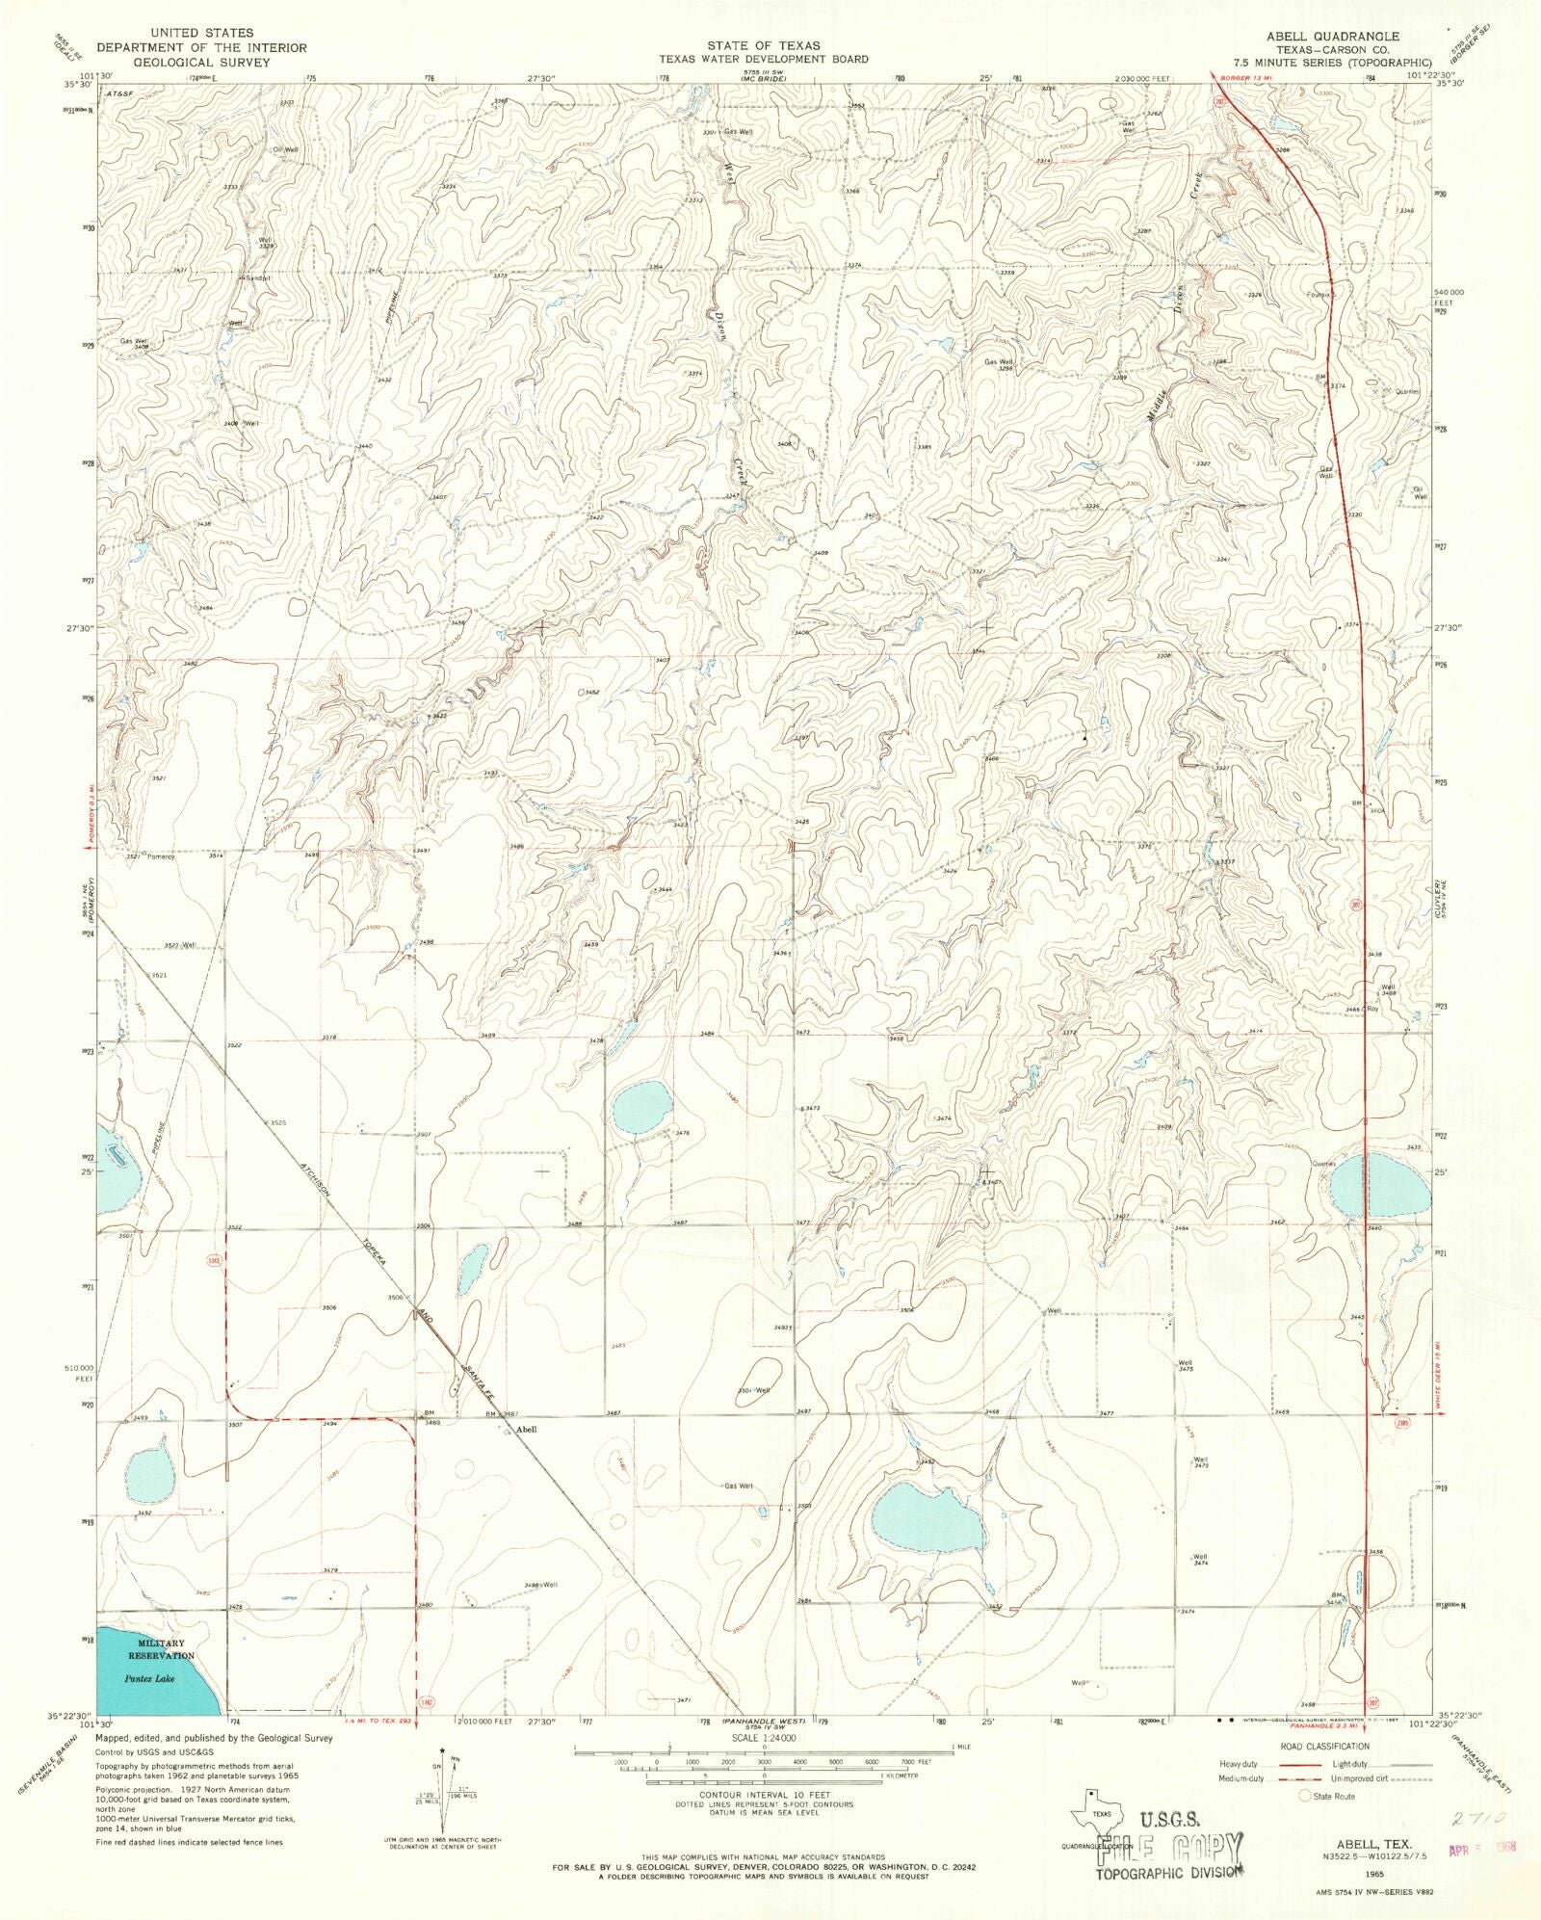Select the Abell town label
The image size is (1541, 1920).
point(526,1430)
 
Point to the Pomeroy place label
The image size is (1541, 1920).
point(161,856)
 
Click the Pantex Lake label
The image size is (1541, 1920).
point(149,1678)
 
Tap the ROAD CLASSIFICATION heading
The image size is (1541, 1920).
point(1324,1747)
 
